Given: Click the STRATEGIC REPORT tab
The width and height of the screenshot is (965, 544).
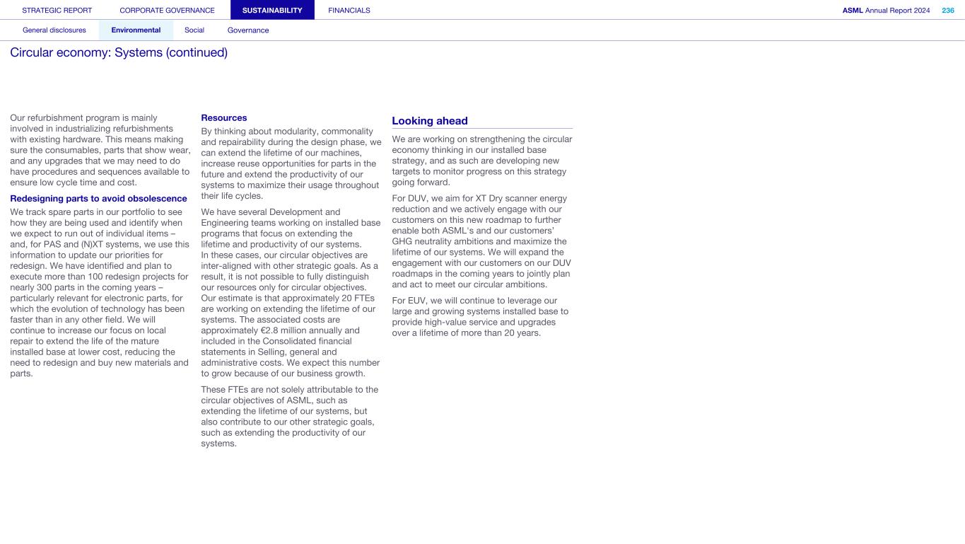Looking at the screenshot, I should (57, 11).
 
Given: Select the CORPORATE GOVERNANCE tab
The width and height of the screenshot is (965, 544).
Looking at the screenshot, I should (167, 11).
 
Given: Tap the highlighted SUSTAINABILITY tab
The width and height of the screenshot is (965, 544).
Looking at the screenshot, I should (272, 11).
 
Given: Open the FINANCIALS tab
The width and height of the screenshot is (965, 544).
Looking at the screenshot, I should (349, 11).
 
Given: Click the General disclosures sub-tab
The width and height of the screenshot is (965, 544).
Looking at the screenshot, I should (54, 30).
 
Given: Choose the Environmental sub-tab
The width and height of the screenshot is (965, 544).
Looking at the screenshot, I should (136, 30).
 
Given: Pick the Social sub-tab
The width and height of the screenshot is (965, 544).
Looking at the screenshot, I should (194, 30).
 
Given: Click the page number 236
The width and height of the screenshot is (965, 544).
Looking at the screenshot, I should (948, 11).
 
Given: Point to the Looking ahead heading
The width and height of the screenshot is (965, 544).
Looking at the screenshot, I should (430, 121).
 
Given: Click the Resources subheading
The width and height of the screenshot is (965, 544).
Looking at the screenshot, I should (224, 117).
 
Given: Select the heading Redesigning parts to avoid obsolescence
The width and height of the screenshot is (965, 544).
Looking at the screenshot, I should (98, 199).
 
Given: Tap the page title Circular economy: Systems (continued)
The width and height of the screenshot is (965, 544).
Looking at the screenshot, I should (119, 53).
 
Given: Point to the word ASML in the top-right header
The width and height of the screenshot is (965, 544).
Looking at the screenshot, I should (853, 11).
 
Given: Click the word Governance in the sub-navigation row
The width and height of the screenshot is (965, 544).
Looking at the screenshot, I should (248, 30).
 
